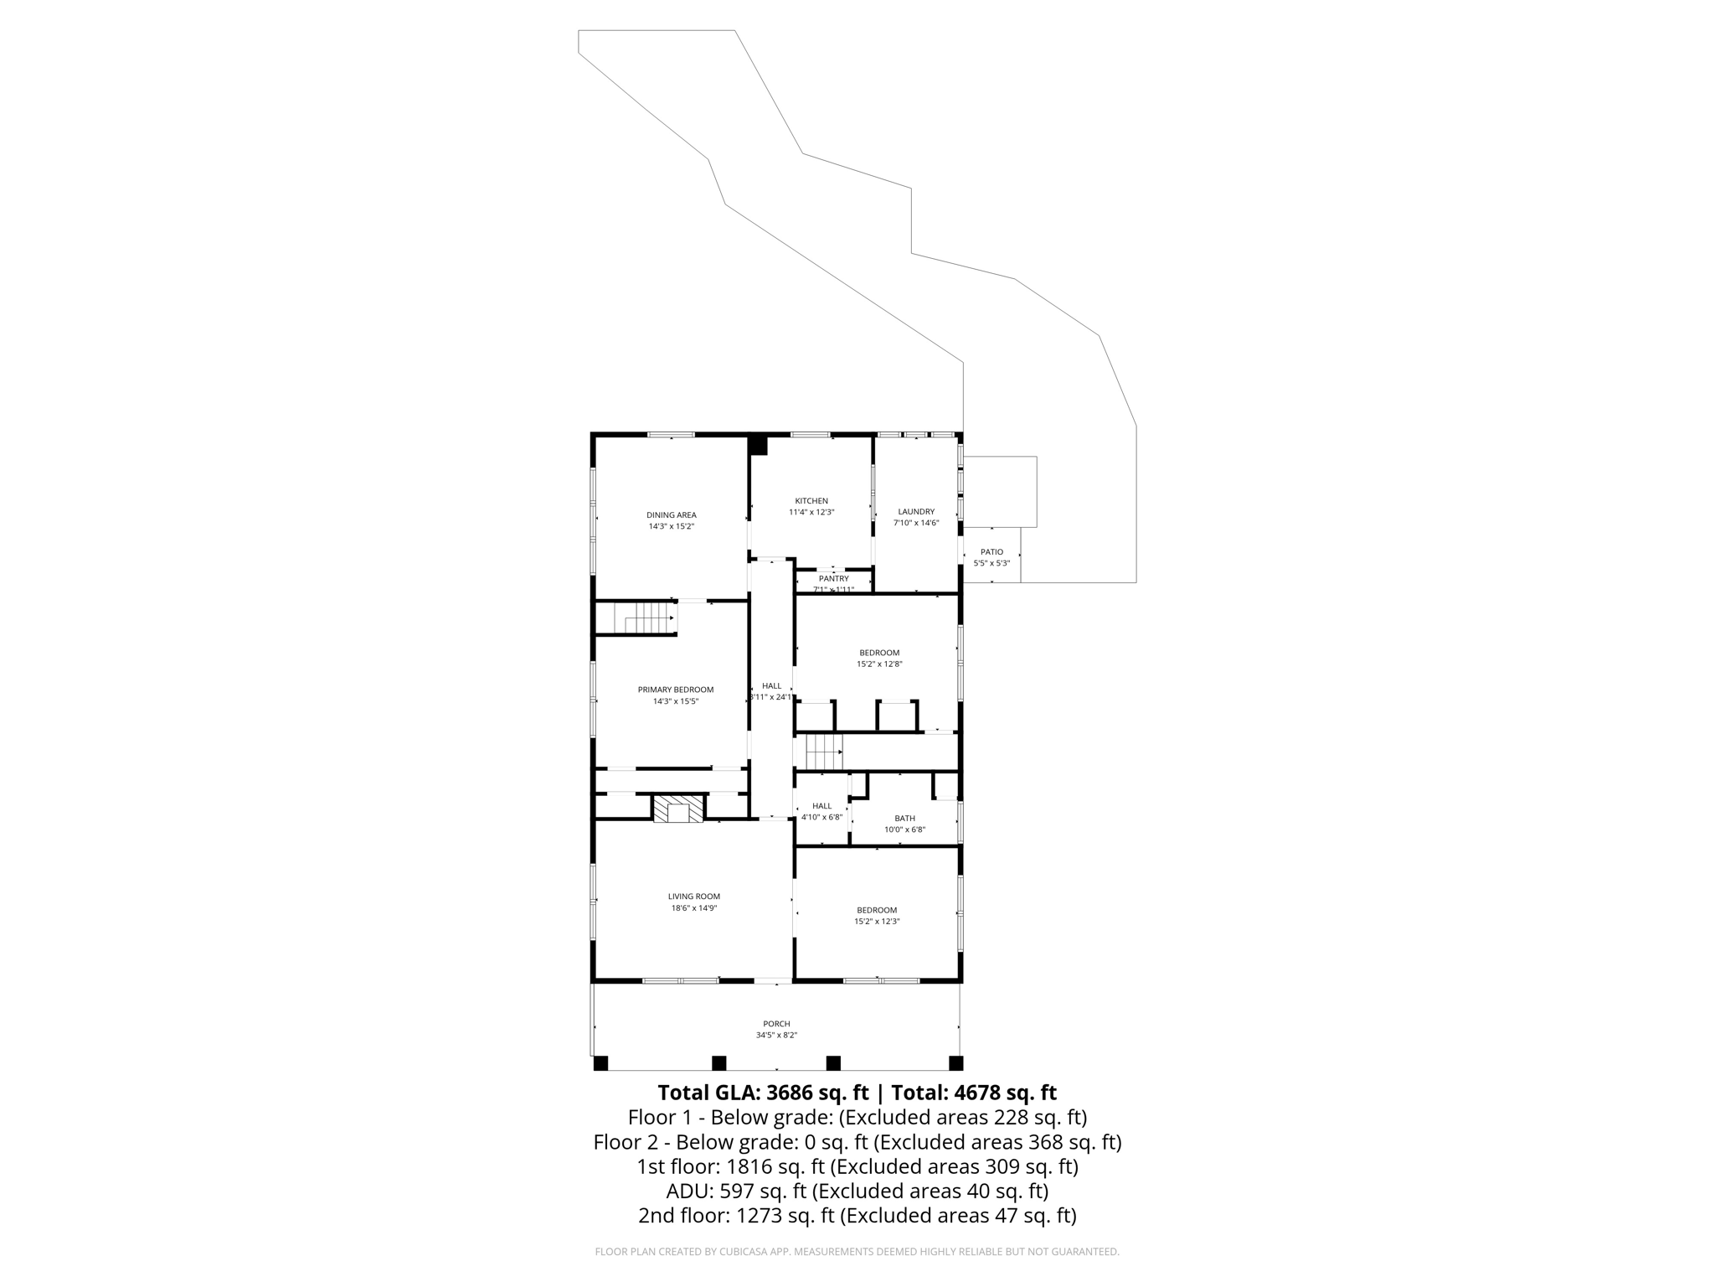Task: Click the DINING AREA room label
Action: (671, 515)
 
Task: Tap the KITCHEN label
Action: (811, 501)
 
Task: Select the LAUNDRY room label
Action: (915, 511)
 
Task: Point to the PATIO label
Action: (991, 552)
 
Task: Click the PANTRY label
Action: (833, 578)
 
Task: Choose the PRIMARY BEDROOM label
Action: (675, 690)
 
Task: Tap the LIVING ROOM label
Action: (693, 897)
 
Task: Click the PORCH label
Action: (776, 1024)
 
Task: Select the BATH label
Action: (904, 819)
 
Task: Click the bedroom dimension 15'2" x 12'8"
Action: (879, 664)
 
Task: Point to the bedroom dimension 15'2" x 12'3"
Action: (877, 921)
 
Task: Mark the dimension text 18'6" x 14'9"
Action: (693, 907)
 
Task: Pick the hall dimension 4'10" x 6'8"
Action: (821, 817)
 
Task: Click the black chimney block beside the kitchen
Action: (759, 445)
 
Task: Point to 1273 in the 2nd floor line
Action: (760, 1215)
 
